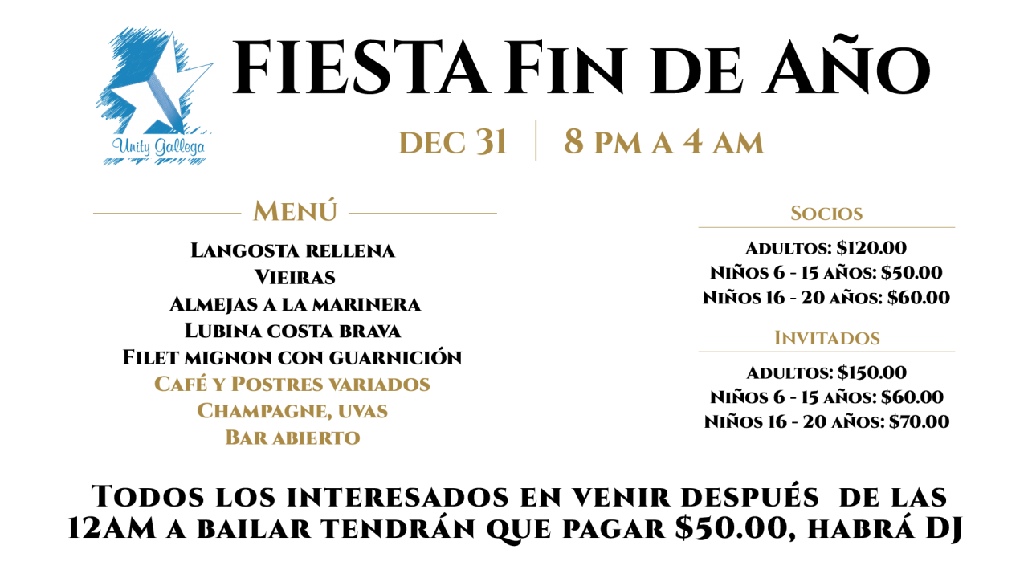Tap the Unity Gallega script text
pyautogui.click(x=158, y=147)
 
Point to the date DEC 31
pyautogui.click(x=453, y=142)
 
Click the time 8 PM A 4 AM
pyautogui.click(x=663, y=142)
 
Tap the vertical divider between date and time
pyautogui.click(x=536, y=140)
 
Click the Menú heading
pyautogui.click(x=295, y=211)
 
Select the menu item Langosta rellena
pyautogui.click(x=293, y=250)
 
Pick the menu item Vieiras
pyautogui.click(x=295, y=277)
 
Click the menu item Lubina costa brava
pyautogui.click(x=293, y=330)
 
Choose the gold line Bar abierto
pyautogui.click(x=293, y=438)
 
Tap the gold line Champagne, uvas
pyautogui.click(x=292, y=411)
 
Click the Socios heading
pyautogui.click(x=826, y=214)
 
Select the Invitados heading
pyautogui.click(x=827, y=338)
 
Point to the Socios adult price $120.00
pyautogui.click(x=871, y=248)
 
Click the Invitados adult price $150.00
pyautogui.click(x=872, y=372)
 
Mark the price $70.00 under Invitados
pyautogui.click(x=920, y=421)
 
